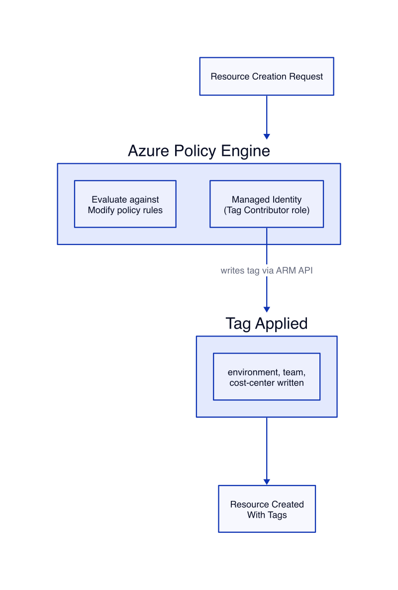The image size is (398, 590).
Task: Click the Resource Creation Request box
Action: (267, 76)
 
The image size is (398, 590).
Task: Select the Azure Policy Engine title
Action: (199, 151)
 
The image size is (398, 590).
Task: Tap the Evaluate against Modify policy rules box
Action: (125, 204)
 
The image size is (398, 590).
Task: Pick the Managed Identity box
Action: (267, 204)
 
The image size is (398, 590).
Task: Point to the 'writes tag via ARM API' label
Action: (267, 270)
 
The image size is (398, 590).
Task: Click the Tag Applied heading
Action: (267, 324)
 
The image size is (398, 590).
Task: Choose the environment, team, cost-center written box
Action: (267, 376)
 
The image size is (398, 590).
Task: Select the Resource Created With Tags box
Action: (267, 509)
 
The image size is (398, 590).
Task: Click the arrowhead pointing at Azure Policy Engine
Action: (267, 136)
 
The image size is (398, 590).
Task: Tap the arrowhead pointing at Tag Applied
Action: (267, 309)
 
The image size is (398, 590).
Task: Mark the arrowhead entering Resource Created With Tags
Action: (267, 482)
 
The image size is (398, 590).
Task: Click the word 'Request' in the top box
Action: (305, 77)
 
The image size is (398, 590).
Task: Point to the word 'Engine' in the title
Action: (245, 151)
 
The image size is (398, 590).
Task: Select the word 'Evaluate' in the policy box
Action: (109, 200)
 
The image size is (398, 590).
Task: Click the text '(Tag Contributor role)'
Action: (267, 210)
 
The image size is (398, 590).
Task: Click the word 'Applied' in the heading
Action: (282, 324)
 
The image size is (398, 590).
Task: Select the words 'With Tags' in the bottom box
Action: (267, 515)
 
